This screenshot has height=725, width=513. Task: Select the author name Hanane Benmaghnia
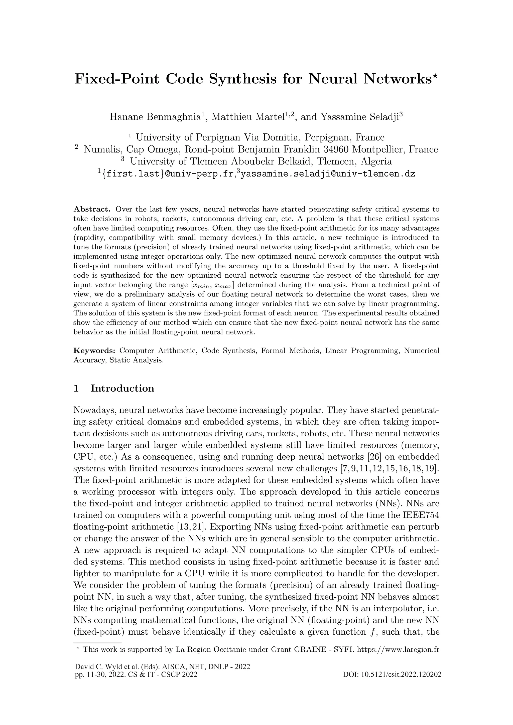pos(155,117)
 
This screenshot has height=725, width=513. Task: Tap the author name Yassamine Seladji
pos(360,117)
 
